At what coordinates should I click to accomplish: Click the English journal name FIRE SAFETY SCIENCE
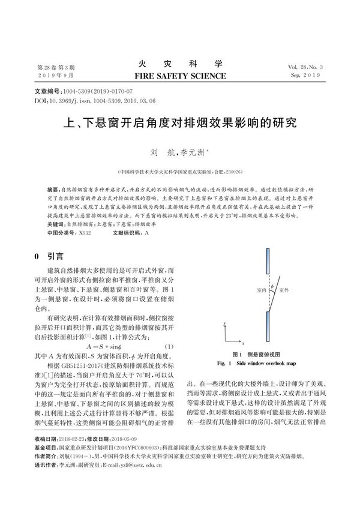179,76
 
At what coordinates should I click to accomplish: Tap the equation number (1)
169,347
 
